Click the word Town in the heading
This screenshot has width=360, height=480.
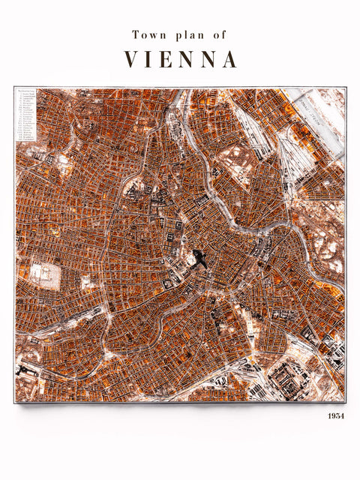(x=147, y=34)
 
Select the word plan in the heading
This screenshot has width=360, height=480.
(x=186, y=35)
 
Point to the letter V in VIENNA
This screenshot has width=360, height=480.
(x=131, y=59)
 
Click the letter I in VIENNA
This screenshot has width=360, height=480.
(x=151, y=59)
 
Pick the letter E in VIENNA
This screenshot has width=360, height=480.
(x=169, y=59)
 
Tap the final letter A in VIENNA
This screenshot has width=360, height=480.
(x=229, y=59)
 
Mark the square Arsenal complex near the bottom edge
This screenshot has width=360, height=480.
(x=286, y=379)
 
